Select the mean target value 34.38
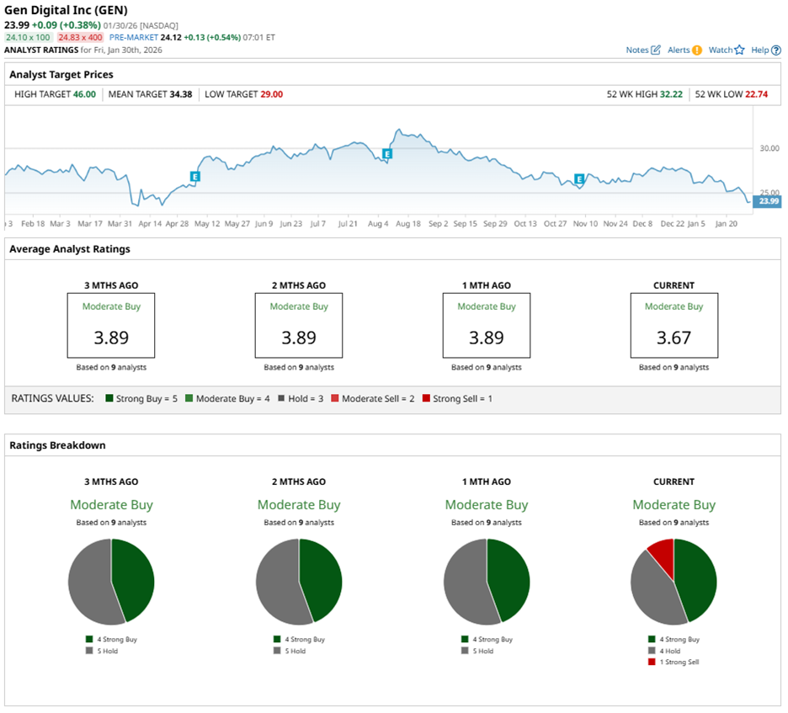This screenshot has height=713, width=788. [x=181, y=94]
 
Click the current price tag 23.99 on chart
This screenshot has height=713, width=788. [x=768, y=201]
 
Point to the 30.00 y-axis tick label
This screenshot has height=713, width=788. [x=769, y=148]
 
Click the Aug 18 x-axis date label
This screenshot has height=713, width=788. [x=408, y=224]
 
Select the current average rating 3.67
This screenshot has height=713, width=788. [x=674, y=338]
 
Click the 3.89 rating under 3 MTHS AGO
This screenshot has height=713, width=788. [x=111, y=338]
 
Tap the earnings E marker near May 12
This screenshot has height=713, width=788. [x=195, y=177]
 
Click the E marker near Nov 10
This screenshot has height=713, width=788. [x=579, y=178]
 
